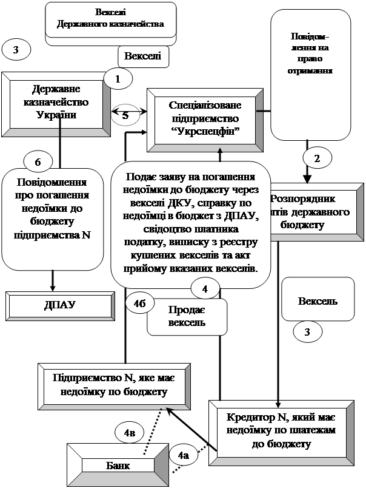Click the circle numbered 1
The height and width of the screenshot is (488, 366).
(x=118, y=78)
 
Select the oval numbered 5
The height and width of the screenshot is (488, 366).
(x=125, y=114)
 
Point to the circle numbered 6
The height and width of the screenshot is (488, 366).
(x=38, y=162)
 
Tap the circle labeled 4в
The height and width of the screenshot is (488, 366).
(x=129, y=433)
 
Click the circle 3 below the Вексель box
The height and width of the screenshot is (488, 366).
(x=307, y=332)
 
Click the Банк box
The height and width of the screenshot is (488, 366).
(x=118, y=465)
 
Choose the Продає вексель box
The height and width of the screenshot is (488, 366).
(x=187, y=317)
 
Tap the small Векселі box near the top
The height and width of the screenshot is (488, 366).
(x=142, y=57)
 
